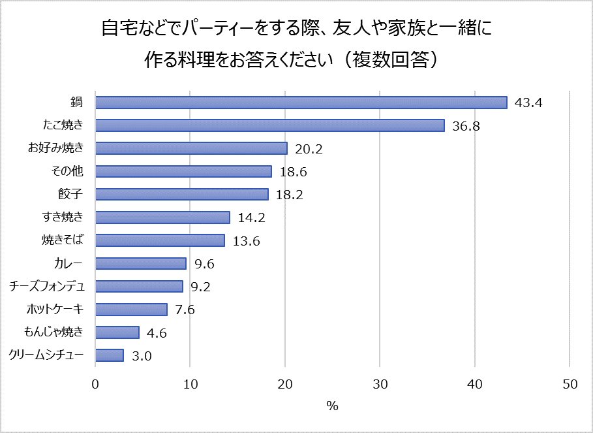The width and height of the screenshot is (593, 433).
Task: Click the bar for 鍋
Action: click(301, 103)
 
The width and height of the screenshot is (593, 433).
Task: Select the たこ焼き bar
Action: click(269, 125)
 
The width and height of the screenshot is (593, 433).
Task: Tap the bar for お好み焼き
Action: click(191, 148)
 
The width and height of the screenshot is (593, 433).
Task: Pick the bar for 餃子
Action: click(182, 194)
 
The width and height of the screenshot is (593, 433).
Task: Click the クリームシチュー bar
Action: click(110, 355)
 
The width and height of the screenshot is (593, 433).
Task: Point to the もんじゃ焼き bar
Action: click(117, 332)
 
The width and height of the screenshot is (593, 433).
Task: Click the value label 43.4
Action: click(529, 103)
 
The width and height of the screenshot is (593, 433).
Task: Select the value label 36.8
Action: click(466, 126)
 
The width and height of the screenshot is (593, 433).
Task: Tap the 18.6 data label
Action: click(292, 172)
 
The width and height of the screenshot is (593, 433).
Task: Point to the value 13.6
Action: click(246, 241)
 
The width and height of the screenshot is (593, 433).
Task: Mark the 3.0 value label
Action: click(143, 356)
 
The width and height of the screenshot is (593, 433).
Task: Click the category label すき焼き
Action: click(67, 217)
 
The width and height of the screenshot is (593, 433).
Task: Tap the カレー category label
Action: click(72, 263)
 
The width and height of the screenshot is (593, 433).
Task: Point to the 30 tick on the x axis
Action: click(380, 385)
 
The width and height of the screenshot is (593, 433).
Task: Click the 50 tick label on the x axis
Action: click(570, 385)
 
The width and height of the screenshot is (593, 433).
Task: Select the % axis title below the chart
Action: click(333, 406)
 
